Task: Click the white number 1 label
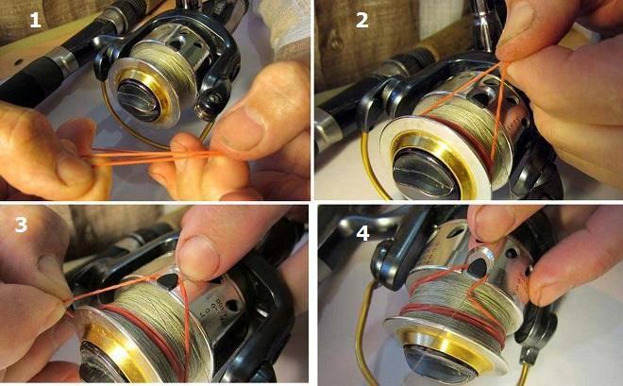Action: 35,20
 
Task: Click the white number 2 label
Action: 362,20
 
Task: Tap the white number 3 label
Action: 21,225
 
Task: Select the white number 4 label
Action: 362,233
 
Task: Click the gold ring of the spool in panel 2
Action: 432,162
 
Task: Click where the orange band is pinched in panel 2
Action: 502,63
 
